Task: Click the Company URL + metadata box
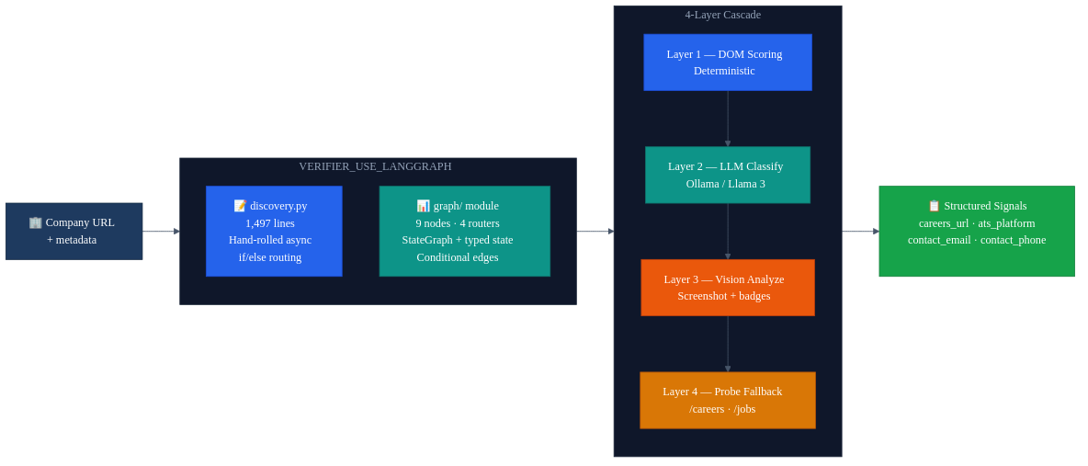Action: pos(74,232)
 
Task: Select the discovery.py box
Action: pos(274,232)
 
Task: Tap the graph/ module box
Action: pos(464,232)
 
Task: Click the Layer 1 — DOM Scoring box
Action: pos(727,63)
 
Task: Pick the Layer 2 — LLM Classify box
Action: pos(727,175)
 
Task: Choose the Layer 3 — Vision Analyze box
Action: pos(727,288)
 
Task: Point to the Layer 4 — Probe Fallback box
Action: pos(727,400)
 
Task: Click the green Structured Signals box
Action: pos(976,232)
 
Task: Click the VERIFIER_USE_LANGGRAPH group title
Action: pos(375,166)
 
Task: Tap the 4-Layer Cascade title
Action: pos(722,15)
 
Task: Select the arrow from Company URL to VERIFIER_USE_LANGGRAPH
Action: pos(161,232)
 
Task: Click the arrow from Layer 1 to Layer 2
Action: pos(728,119)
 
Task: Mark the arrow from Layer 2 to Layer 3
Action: pos(728,232)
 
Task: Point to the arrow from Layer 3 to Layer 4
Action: pos(728,344)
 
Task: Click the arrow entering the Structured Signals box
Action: pos(860,232)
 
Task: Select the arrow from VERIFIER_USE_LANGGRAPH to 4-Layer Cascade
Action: pos(595,232)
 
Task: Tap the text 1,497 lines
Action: pos(270,223)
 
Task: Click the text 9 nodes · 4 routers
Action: pos(458,223)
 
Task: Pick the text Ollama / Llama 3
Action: pos(725,184)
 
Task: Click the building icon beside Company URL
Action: pos(36,222)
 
